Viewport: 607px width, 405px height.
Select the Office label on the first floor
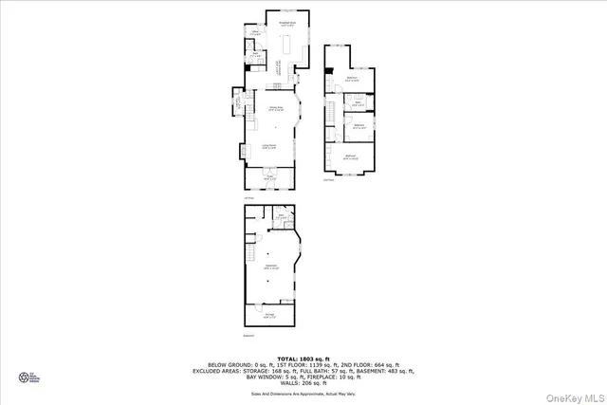pos(255,33)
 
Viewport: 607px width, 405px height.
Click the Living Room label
pos(269,146)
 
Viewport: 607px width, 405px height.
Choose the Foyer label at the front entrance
pos(269,176)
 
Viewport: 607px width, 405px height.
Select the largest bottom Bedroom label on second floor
pos(350,156)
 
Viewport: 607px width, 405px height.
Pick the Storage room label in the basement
pos(269,314)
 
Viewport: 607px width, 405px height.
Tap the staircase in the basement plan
pos(251,252)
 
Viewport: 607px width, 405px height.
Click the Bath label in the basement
pos(282,216)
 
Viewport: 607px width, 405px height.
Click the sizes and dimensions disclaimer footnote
pos(303,393)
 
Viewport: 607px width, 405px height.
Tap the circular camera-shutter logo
pos(24,377)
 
